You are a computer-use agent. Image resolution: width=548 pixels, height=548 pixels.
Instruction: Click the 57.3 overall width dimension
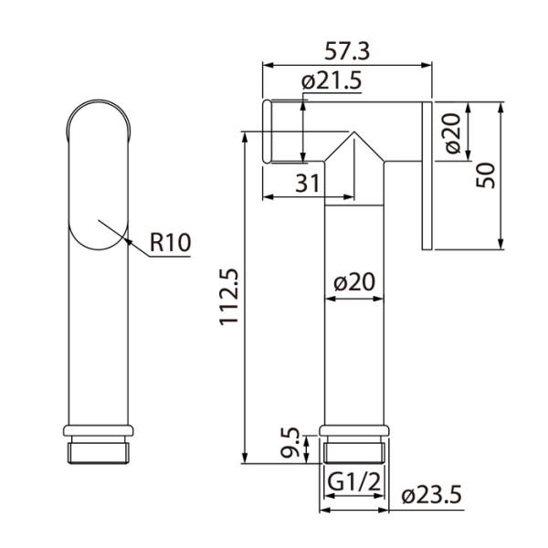(347, 48)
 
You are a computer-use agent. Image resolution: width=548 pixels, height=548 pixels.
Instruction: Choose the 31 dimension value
(308, 183)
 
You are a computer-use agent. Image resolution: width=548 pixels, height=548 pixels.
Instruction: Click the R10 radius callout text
(169, 243)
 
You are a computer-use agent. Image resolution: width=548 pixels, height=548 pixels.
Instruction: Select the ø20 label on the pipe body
(355, 284)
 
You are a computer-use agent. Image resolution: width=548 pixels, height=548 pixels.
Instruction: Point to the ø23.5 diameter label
(433, 495)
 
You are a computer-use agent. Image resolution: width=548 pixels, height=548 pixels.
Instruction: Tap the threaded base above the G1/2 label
(354, 449)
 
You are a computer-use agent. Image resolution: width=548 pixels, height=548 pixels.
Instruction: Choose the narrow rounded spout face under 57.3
(268, 132)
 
